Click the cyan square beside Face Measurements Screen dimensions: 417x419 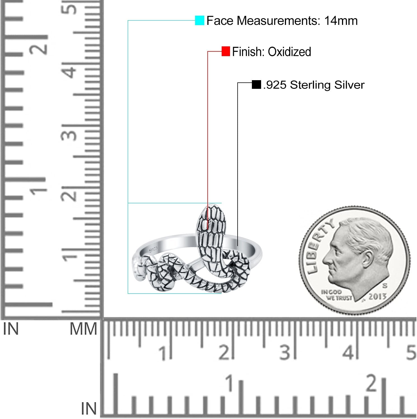(x=200, y=21)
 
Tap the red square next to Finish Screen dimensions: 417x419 (x=226, y=51)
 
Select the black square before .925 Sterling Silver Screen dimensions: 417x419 (x=256, y=85)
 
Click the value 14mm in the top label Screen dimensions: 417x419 (x=341, y=21)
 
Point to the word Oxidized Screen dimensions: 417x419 (x=289, y=52)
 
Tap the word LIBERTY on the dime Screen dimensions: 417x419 (x=319, y=246)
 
